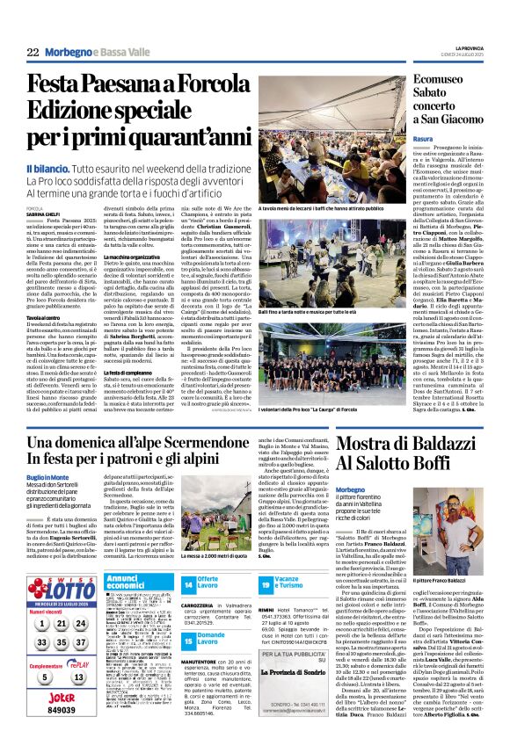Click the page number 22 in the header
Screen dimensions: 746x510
click(x=33, y=53)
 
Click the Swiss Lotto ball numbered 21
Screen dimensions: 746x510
click(x=61, y=624)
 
